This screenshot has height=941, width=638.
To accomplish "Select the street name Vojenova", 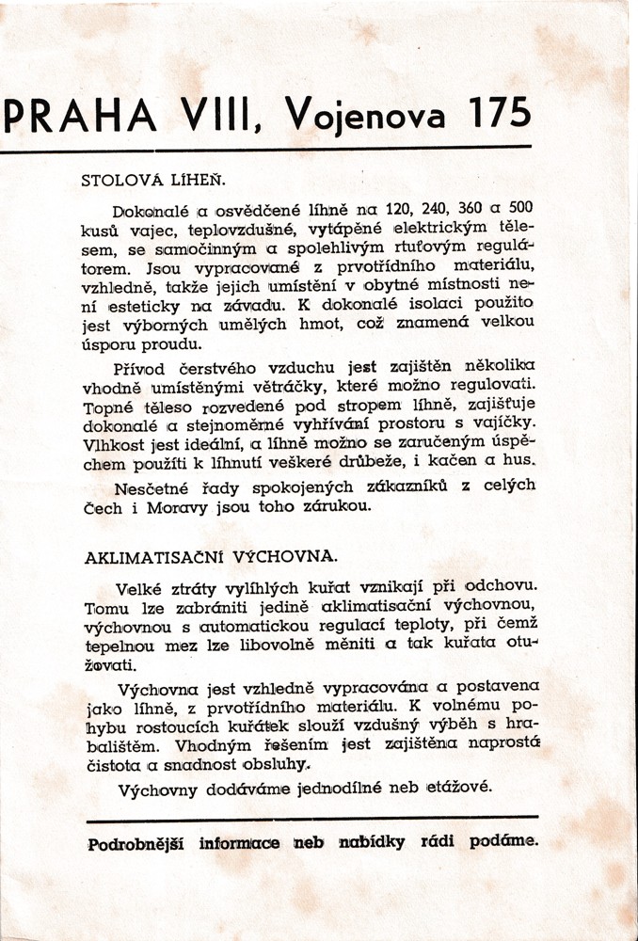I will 371,118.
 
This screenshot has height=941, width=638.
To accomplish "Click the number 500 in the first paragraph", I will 521,206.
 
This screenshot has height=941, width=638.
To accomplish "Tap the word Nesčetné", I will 150,487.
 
